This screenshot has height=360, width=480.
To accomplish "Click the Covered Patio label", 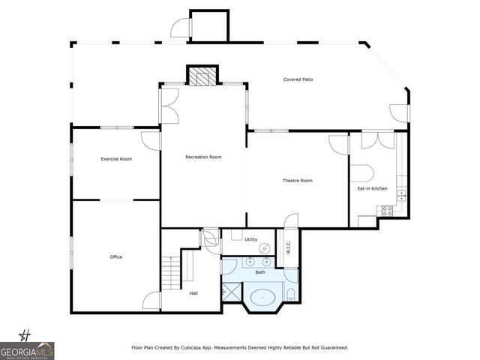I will click(298, 79).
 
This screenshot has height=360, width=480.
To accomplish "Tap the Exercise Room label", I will click(116, 159).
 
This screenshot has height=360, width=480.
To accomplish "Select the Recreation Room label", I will click(204, 157).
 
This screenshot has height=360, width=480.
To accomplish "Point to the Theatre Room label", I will click(297, 181).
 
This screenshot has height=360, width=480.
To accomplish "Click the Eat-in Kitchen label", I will click(372, 188).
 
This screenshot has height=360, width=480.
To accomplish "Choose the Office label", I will click(116, 257).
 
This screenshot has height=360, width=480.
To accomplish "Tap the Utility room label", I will click(250, 239).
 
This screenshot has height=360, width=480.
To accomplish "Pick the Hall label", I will click(193, 293).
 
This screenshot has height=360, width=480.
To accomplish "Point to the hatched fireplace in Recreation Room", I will click(200, 76).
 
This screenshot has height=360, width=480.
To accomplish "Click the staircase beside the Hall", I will click(172, 271).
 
